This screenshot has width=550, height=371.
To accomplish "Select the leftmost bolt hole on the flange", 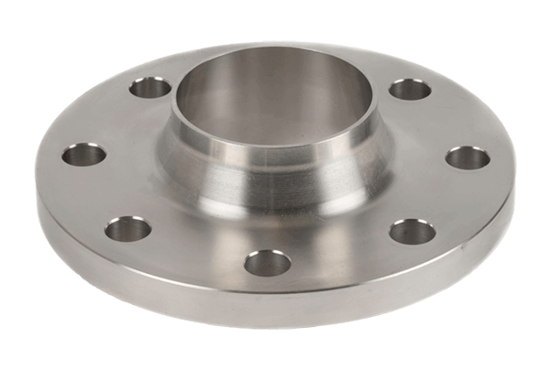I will point(84,152).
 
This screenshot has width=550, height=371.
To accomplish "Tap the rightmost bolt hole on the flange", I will point(467,157).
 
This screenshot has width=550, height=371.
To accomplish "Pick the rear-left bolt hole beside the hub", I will point(149,89).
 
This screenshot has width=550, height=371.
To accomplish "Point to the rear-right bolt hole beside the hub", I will point(410,90).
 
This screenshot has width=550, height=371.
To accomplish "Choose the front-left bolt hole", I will point(128,228).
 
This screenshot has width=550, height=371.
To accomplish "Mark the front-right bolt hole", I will point(412,231).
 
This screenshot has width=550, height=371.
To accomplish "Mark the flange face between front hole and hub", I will point(270,229).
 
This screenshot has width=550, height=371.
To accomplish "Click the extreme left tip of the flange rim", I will point(37,183).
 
